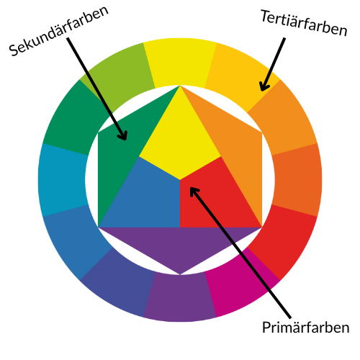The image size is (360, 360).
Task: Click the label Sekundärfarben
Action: tap(59, 31)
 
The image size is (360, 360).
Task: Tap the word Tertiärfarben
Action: tap(304, 23)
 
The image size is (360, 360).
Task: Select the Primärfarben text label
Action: tap(305, 327)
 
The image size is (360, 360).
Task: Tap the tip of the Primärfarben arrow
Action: tap(191, 188)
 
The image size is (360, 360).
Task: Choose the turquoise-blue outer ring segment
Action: tap(62, 180)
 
